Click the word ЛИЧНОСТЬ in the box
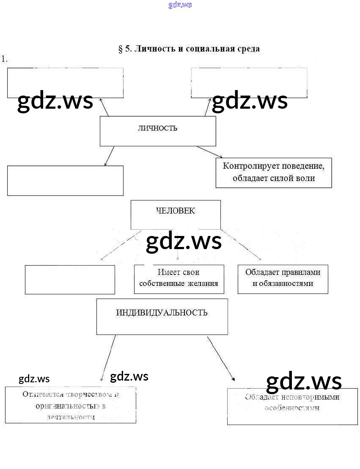[x=157, y=128]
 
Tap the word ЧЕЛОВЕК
[x=176, y=211]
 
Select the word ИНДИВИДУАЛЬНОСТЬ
[x=162, y=313]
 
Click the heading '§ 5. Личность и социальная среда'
[x=189, y=49]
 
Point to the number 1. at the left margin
[x=4, y=59]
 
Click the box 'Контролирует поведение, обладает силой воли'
[x=274, y=173]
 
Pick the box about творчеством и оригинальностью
[x=70, y=405]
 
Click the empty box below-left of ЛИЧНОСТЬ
[x=65, y=181]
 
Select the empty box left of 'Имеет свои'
[x=70, y=279]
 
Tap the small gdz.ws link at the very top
[x=180, y=5]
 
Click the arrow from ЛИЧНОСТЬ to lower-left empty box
[x=109, y=156]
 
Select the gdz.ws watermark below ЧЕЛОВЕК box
[x=184, y=241]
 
